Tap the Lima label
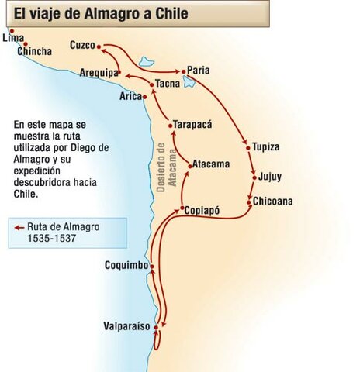[13, 37]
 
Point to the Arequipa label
[98, 73]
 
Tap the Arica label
[130, 97]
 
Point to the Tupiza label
[266, 146]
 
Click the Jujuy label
[270, 177]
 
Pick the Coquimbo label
[126, 266]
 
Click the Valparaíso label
[126, 326]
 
